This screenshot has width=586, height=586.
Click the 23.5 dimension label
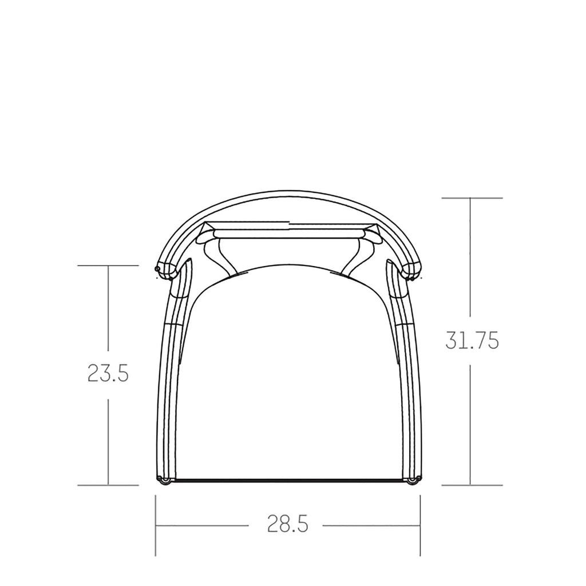click(x=108, y=373)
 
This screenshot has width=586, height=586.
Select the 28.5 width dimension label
click(x=287, y=524)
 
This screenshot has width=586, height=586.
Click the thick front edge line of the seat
click(x=288, y=480)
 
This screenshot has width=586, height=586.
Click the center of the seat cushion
click(x=288, y=374)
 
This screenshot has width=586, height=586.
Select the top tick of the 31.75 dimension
click(x=472, y=197)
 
